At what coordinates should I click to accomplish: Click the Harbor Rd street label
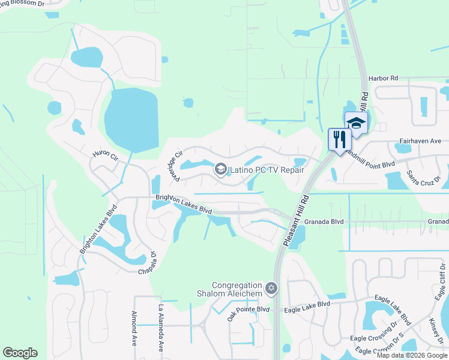pos(384,79)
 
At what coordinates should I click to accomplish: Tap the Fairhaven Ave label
pos(420,141)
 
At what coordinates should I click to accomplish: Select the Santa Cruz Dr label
pos(423,178)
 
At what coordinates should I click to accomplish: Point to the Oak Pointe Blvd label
pos(249,310)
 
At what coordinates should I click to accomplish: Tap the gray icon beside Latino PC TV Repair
pos(220,170)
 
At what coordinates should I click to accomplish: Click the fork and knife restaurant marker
pos(340,140)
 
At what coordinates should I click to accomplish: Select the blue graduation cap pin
pos(357,123)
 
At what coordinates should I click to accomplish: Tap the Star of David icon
pos(271,289)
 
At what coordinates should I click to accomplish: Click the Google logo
pos(20,353)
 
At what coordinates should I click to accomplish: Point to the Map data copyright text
pos(412,355)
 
